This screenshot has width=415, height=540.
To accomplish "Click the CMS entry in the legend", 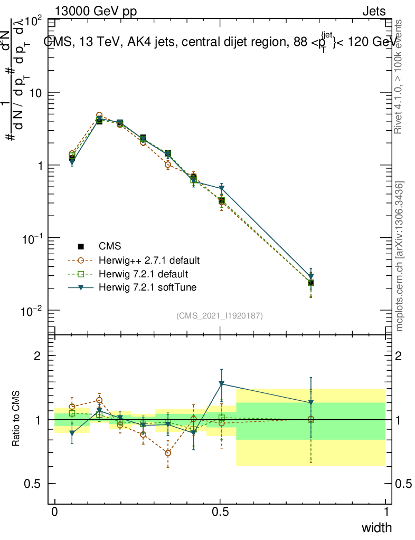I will point(110,246).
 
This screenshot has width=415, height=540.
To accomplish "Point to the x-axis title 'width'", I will point(376,527).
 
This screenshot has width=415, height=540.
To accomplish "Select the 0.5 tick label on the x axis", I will point(220,512).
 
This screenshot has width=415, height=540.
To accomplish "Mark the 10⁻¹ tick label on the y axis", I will point(33,238).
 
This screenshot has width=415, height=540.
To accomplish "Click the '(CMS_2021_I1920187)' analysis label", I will point(220,316).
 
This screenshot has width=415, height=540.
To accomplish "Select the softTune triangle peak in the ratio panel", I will point(222,384).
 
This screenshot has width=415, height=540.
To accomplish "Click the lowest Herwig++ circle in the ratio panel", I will point(168,453).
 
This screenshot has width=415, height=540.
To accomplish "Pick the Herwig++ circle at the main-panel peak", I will point(99,115).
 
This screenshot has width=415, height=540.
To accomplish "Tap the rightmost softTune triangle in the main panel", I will point(311,276).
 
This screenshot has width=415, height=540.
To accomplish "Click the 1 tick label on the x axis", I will point(385,512).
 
